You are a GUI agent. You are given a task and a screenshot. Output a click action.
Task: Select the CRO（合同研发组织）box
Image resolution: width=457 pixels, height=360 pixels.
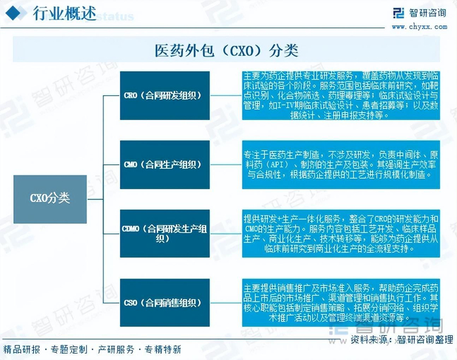pos(165,95)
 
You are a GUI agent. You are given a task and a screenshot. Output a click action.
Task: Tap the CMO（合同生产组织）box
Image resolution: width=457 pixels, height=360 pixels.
pos(165,164)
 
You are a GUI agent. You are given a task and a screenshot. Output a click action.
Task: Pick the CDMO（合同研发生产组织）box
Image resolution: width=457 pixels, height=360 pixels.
pos(165,233)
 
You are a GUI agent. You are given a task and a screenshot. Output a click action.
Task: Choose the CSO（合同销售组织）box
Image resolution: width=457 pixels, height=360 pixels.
pos(165,303)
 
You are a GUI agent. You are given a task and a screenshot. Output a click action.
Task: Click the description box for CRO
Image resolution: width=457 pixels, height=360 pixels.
pos(340,95)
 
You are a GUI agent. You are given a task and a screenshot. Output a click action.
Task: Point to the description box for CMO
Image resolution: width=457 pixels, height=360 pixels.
pos(340,164)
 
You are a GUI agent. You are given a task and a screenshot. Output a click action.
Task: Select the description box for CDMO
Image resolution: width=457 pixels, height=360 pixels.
pos(340,233)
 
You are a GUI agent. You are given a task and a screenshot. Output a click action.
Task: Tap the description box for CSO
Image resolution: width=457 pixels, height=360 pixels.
pos(340,303)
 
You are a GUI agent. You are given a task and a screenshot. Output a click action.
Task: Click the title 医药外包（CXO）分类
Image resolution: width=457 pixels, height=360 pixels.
pos(228,50)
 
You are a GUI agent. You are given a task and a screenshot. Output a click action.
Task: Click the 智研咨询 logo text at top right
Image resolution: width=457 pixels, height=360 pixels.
pos(429,13)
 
